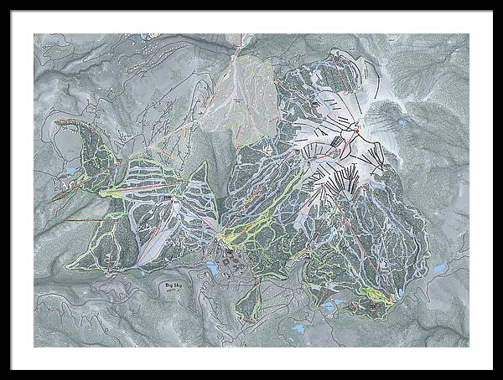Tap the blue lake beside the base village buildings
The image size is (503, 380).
click(x=211, y=268)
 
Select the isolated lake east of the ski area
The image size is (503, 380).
click(x=440, y=270)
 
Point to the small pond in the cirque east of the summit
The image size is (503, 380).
click(x=400, y=122)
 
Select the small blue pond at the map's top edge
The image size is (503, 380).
click(x=146, y=37)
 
